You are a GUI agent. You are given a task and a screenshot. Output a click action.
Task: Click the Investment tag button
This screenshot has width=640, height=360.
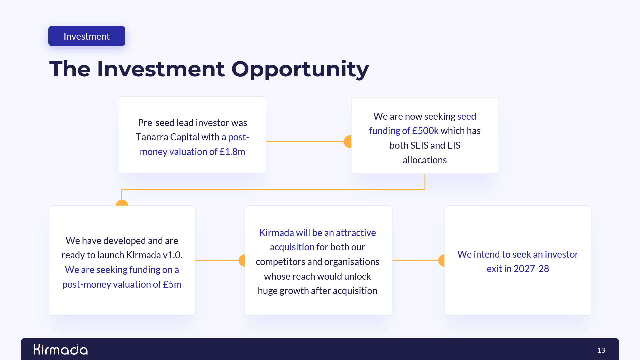coord(87,36)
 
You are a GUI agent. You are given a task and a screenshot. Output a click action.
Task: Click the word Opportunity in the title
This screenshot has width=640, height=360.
coord(300,70)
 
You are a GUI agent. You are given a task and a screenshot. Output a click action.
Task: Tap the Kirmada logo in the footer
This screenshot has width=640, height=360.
coord(61,349)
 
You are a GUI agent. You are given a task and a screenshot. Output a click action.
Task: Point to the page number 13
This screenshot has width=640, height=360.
coord(601,350)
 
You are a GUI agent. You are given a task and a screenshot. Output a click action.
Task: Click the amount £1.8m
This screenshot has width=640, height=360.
coord(232,152)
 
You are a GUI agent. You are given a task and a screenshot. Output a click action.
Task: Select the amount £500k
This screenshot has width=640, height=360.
coord(425,131)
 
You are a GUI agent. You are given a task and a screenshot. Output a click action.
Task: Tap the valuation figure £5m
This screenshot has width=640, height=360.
coord(172,284)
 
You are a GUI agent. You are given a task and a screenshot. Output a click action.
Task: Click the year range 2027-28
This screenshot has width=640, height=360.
coord(531,269)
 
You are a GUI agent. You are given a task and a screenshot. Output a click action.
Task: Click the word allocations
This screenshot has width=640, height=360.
coord(425,160)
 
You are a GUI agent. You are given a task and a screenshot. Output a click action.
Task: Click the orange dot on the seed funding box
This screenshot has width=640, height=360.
coord(348,142)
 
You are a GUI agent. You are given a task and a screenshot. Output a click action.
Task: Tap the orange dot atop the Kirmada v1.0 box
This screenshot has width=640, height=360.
coord(122,203)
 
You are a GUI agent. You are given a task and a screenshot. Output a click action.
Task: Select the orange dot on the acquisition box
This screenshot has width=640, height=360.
coord(242,261)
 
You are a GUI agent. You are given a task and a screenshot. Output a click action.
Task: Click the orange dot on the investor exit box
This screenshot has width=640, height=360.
coord(441,261)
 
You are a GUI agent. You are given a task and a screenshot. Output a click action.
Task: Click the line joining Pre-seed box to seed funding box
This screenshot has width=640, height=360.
coord(305,142)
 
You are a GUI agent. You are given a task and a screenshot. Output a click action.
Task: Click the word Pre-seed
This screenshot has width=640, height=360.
coord(156,123)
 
